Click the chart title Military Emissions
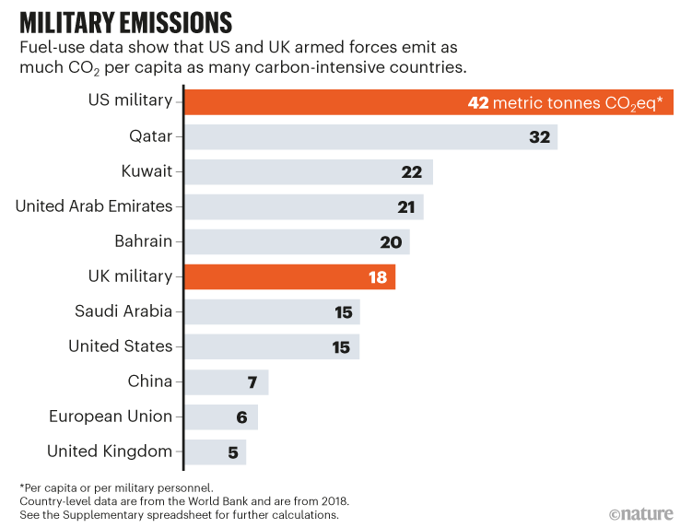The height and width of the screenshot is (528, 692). (124, 21)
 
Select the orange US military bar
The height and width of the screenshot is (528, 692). (323, 102)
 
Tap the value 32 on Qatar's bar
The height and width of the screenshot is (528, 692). (539, 137)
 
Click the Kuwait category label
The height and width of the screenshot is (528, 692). (147, 171)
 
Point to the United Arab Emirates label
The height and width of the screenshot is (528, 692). (94, 206)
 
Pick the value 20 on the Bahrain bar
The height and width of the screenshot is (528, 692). (391, 241)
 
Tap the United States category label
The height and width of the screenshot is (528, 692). (121, 346)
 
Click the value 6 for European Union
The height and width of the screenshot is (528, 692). (241, 417)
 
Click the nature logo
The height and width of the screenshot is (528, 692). (643, 512)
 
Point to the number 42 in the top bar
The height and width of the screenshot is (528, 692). (477, 102)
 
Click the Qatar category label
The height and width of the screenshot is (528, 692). (151, 137)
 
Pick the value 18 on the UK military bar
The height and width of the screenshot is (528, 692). (377, 276)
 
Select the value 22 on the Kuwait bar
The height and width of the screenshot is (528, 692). (412, 172)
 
